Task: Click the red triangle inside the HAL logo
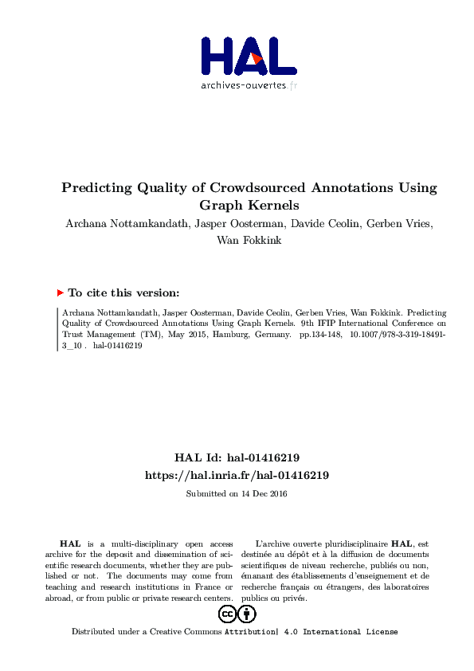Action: tap(257, 58)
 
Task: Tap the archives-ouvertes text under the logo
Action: tap(243, 85)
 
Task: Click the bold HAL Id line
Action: tap(237, 457)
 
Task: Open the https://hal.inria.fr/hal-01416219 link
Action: tap(237, 475)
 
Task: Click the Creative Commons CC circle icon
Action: tap(227, 614)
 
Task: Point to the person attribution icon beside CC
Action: tap(247, 614)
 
